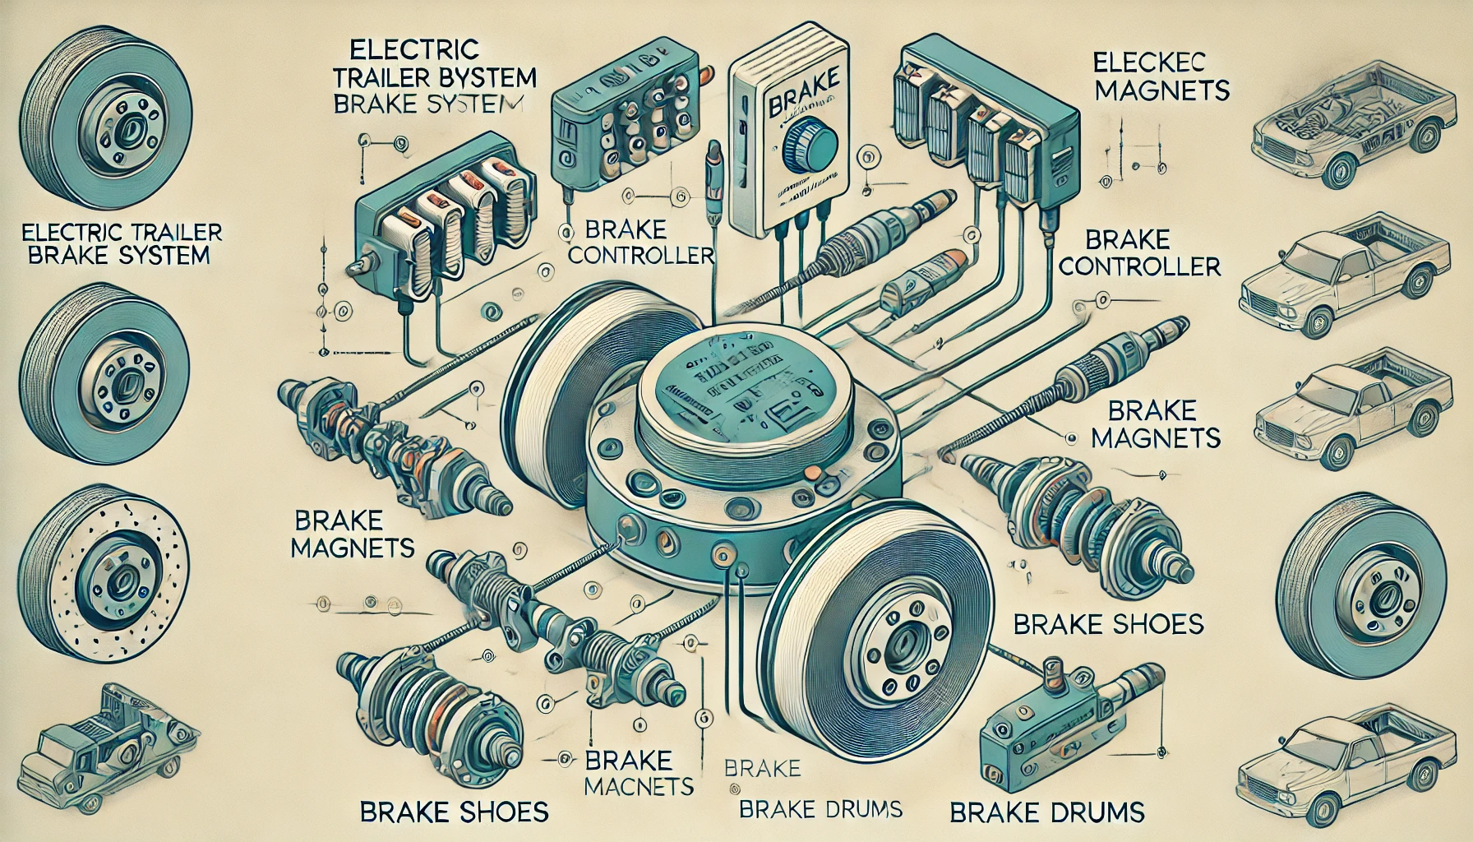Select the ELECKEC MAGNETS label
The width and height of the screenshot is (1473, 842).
(1161, 76)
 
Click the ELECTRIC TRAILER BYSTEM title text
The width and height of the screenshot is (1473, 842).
(443, 78)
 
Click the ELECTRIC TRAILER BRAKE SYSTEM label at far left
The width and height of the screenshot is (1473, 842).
(118, 243)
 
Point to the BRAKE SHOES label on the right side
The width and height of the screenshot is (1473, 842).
(1107, 623)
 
